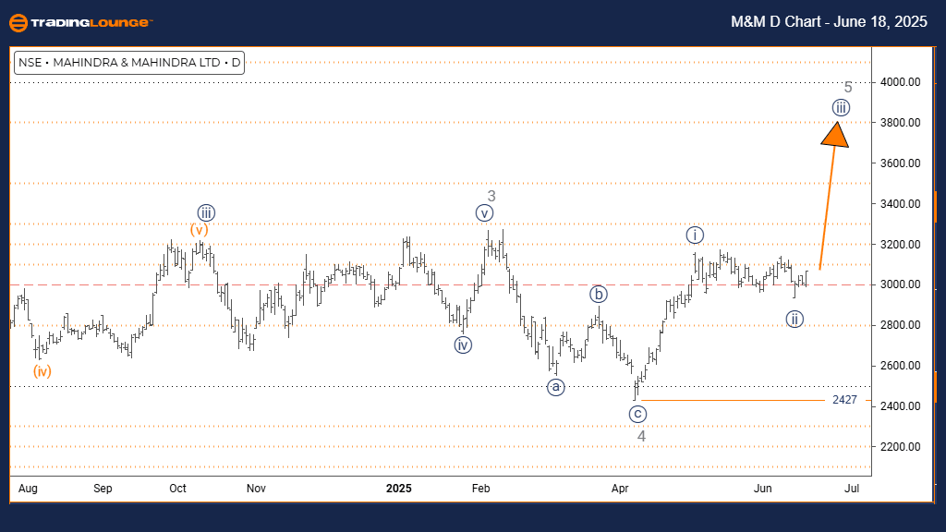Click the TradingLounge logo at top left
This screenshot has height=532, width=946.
coord(80,22)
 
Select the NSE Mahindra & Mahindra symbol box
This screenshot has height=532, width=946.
coord(129,63)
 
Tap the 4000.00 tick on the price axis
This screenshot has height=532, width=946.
coord(874,82)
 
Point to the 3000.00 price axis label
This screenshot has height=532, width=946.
coord(874,284)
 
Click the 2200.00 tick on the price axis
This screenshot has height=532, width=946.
coord(874,447)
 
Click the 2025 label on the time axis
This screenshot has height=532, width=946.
coord(399,487)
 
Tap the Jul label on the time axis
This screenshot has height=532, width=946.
coord(852,487)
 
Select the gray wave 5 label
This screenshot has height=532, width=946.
coord(848,87)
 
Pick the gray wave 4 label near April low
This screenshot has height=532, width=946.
coord(640,435)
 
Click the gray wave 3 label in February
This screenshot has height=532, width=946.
coord(491,196)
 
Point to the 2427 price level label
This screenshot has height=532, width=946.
coord(844,400)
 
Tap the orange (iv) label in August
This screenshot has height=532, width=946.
coord(42,371)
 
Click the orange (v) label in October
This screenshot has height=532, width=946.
coord(200,229)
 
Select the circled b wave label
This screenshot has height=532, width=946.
coord(599,296)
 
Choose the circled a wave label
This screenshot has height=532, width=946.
coord(554,387)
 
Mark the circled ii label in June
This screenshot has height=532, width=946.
coord(794,320)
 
